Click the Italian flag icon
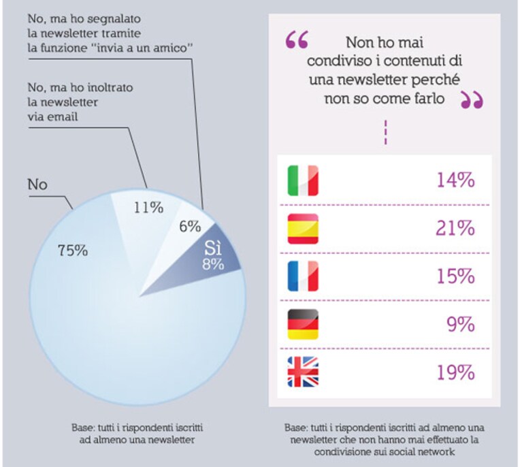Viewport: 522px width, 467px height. click(303, 180)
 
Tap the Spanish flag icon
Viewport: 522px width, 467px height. click(303, 229)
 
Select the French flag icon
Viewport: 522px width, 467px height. click(303, 276)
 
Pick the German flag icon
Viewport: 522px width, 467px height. click(303, 325)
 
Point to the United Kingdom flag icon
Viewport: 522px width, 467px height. click(303, 372)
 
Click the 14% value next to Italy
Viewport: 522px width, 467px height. click(455, 180)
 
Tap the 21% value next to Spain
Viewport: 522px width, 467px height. click(455, 229)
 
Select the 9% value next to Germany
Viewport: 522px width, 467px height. click(461, 325)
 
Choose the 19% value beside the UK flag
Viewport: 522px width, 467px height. click(455, 372)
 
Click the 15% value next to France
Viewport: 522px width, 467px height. click(455, 276)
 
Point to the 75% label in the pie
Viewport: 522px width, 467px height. click(73, 251)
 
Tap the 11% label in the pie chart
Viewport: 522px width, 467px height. click(148, 208)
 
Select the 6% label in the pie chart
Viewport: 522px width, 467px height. click(190, 227)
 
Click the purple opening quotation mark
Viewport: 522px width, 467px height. click(297, 39)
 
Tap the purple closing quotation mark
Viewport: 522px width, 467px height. click(472, 100)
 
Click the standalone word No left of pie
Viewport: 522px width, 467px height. click(37, 184)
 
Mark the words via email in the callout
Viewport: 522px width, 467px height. click(52, 117)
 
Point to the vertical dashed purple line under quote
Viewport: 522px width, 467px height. click(385, 133)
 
